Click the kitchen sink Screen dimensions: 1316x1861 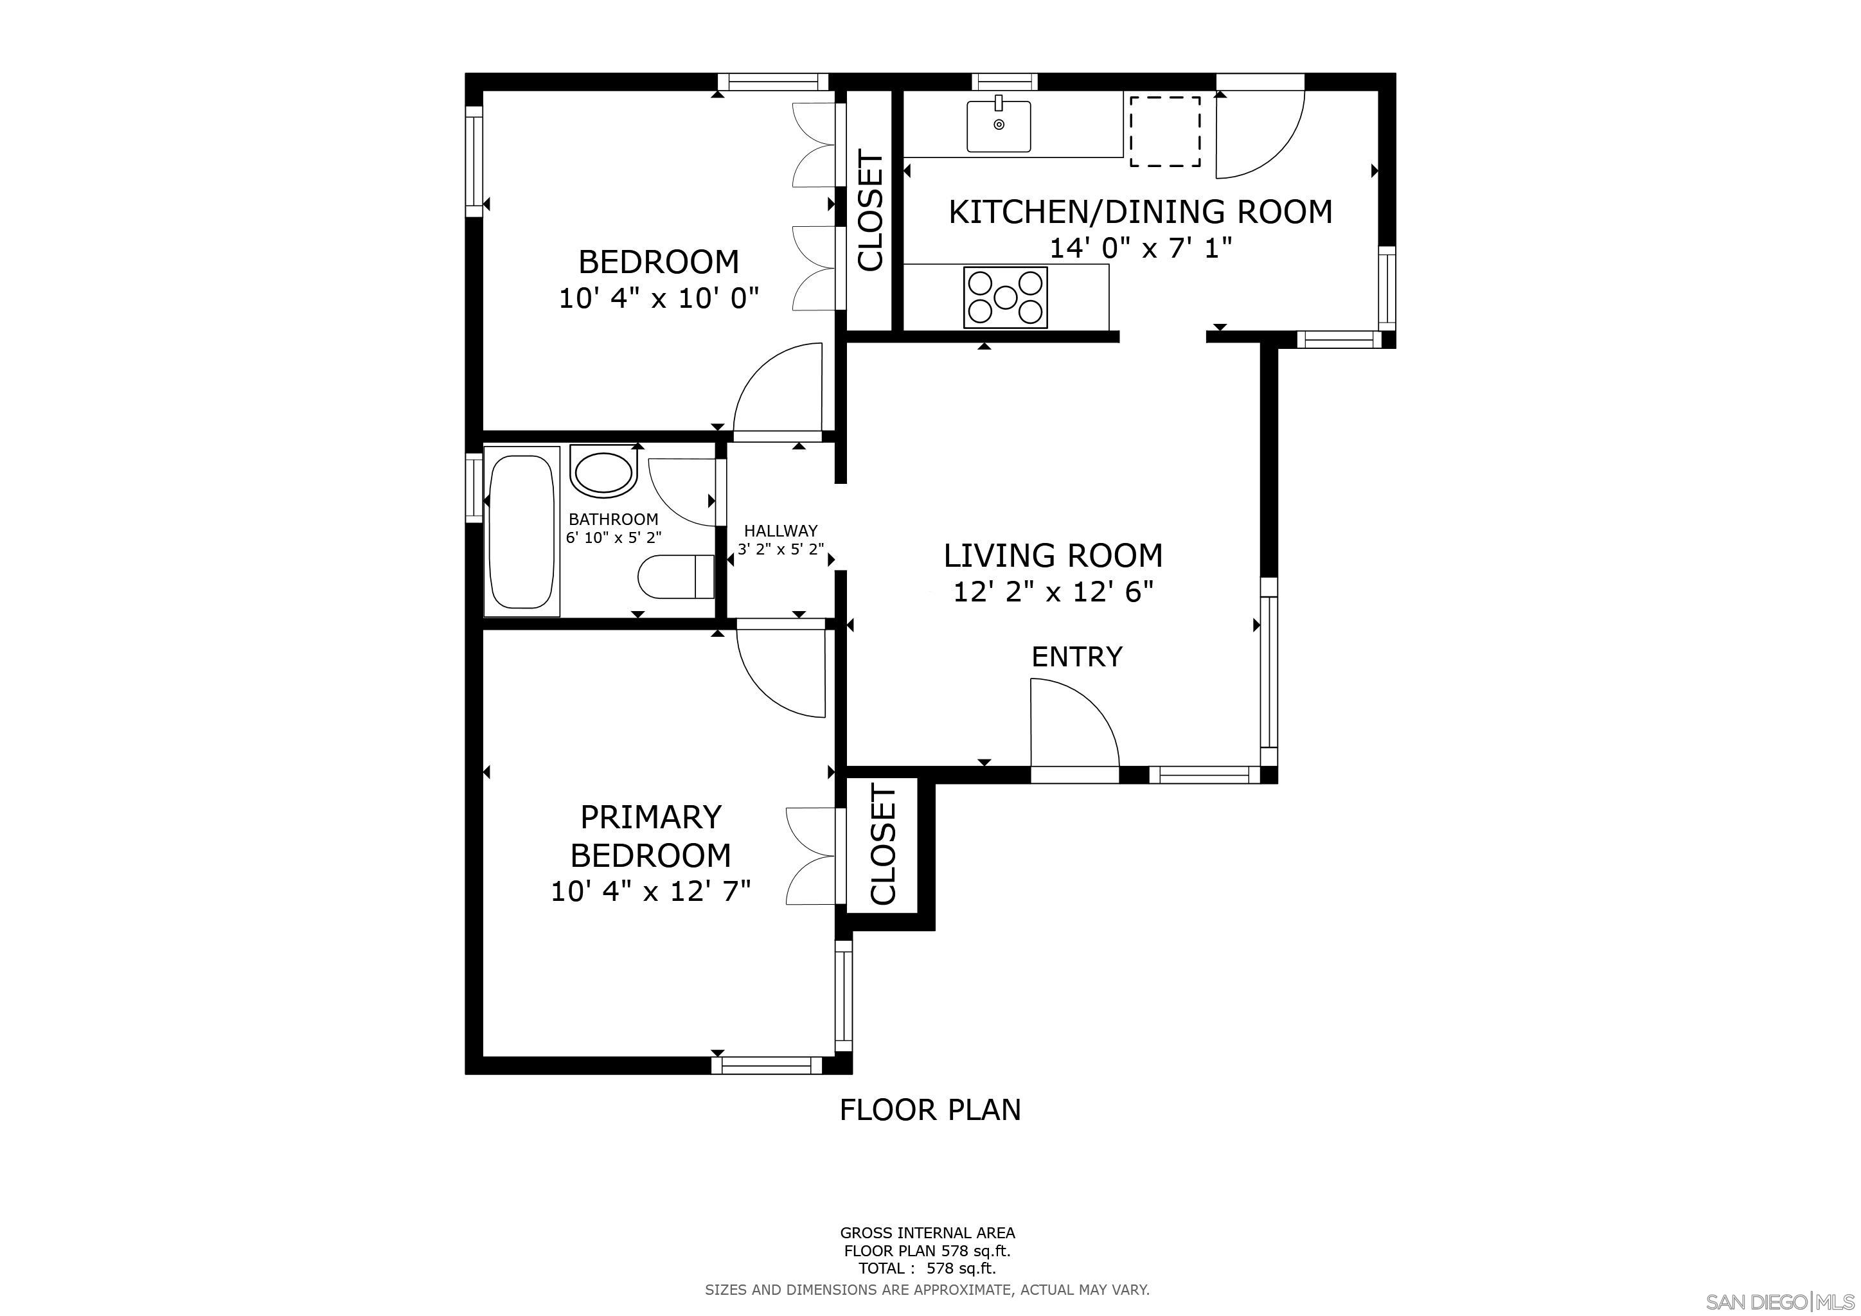click(999, 127)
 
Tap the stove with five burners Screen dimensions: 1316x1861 click(1005, 298)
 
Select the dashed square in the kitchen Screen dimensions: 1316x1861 click(1165, 131)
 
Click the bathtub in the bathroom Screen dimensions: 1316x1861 click(521, 531)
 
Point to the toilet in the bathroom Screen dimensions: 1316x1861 click(675, 576)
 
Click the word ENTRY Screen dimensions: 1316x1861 click(1076, 656)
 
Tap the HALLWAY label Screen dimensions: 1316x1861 click(781, 531)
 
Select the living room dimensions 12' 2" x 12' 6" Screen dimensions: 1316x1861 click(1053, 593)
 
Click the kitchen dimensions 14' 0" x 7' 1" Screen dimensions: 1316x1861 click(1141, 248)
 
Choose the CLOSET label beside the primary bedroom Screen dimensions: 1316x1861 click(883, 844)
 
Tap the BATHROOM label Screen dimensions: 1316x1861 click(613, 519)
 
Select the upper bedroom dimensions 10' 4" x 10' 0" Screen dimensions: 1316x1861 click(658, 299)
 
